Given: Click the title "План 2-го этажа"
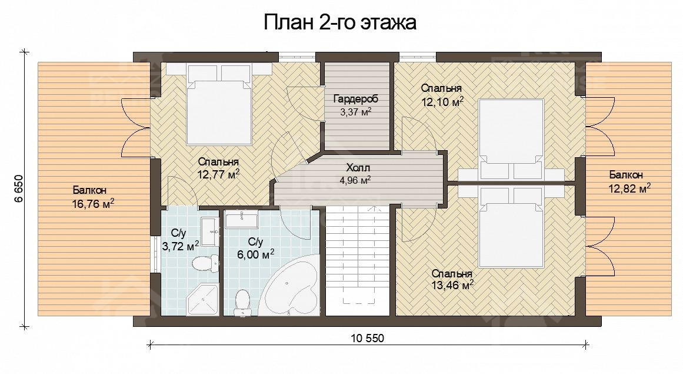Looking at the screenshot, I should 340,22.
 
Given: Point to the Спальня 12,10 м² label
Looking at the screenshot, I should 442,94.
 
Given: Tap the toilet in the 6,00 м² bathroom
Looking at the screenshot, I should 241,301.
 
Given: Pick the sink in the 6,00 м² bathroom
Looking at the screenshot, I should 241,221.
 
